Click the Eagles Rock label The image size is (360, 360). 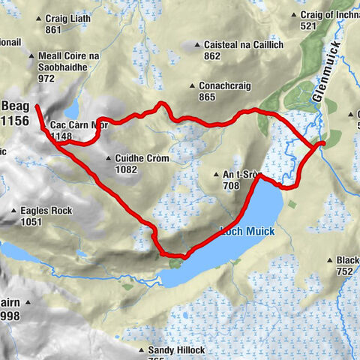[x=46, y=211]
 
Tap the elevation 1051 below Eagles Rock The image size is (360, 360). [x=32, y=222]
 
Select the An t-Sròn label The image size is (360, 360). [x=241, y=175]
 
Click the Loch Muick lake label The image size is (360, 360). [x=247, y=232]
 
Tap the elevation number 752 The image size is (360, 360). [x=343, y=271]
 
